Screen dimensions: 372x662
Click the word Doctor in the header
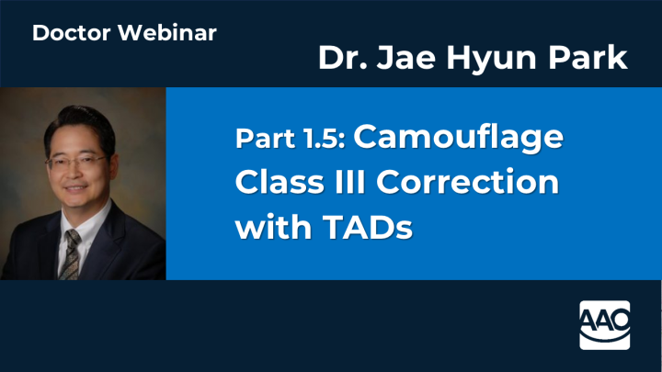66,34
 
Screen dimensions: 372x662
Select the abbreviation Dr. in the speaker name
339,59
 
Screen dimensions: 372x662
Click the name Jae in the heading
401,59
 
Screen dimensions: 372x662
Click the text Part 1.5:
290,140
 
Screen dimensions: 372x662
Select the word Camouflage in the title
457,139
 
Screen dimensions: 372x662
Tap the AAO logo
605,323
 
